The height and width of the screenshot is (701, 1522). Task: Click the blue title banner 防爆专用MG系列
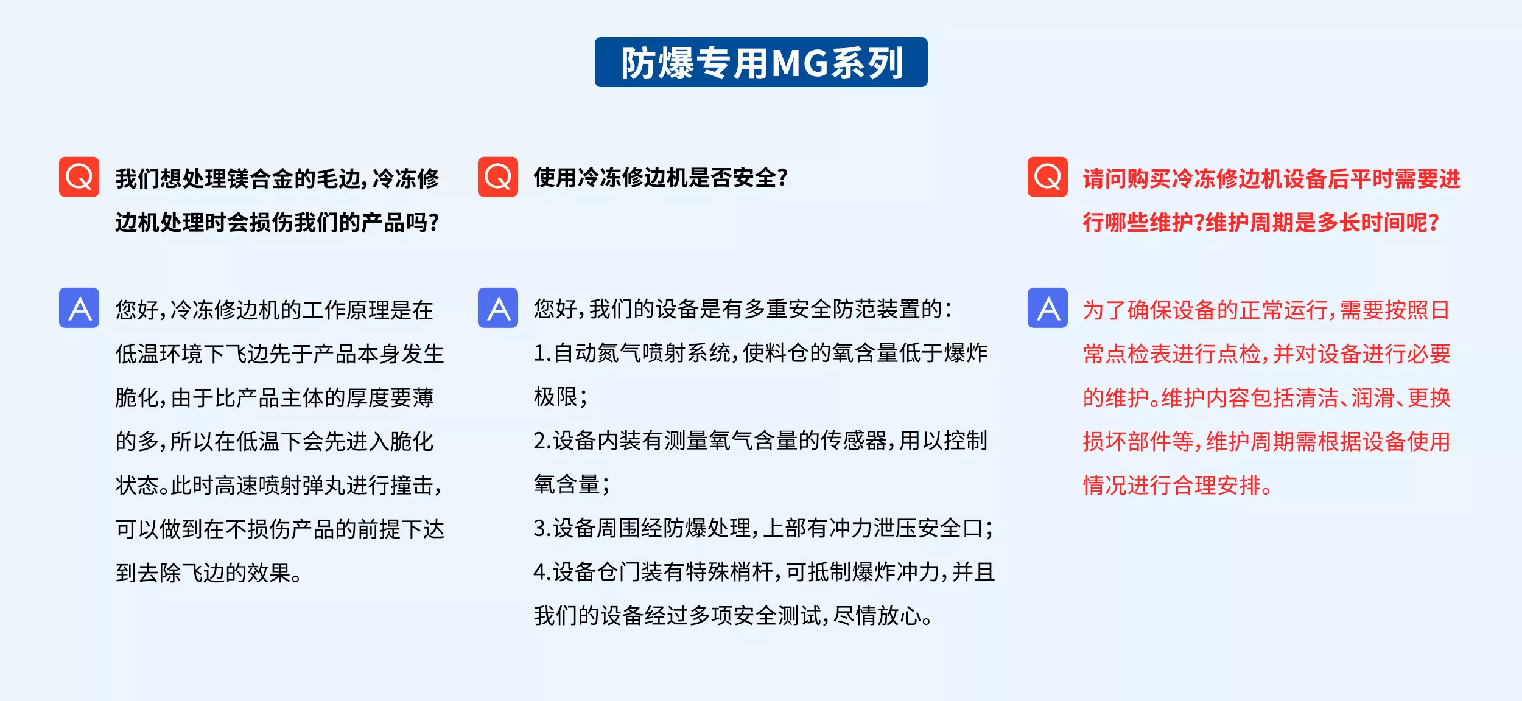(x=761, y=62)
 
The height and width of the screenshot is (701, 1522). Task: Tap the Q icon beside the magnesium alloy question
(x=79, y=177)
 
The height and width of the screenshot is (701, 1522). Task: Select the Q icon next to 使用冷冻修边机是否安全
(x=498, y=177)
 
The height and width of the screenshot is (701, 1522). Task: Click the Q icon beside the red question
(x=1048, y=177)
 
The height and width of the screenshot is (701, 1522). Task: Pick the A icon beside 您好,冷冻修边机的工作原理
(x=79, y=308)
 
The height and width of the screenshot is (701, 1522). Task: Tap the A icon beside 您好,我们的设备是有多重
(x=498, y=308)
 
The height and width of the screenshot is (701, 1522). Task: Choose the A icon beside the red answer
(x=1048, y=308)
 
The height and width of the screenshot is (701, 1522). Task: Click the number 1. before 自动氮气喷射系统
(x=542, y=354)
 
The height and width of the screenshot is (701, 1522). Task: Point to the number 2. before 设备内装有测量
(x=542, y=441)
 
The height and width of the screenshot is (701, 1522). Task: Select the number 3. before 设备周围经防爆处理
(x=542, y=529)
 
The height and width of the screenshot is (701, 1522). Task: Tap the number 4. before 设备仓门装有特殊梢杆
(x=542, y=573)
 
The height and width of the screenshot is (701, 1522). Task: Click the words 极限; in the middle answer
(x=560, y=397)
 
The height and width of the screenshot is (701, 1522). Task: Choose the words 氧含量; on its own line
(x=572, y=485)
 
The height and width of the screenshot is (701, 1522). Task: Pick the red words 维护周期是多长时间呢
(x=1322, y=223)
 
